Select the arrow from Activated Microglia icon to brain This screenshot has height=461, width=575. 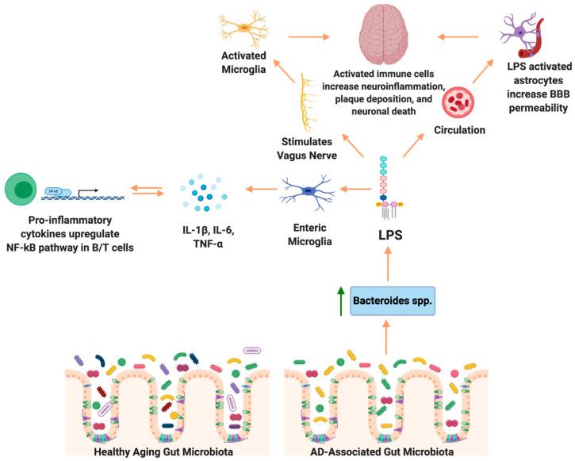pyautogui.click(x=309, y=36)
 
